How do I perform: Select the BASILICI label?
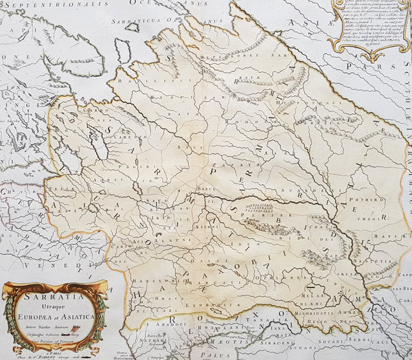(133, 81)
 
